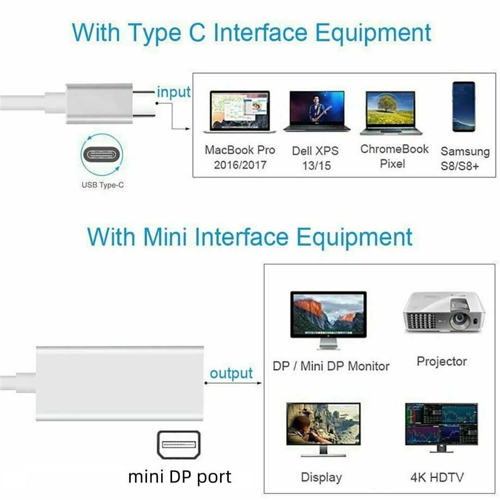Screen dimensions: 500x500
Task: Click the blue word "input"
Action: (x=174, y=92)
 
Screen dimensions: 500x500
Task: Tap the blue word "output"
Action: (x=231, y=373)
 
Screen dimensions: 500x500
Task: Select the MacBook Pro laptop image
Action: (x=239, y=112)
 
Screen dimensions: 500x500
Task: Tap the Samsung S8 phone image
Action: (x=464, y=106)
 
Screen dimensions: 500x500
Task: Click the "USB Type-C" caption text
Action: (x=102, y=185)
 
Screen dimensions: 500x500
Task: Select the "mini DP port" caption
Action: (x=180, y=477)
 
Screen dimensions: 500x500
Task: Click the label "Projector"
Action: (x=442, y=361)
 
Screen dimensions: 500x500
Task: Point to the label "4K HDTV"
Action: (x=437, y=478)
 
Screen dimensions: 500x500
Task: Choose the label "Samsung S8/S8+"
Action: (x=460, y=158)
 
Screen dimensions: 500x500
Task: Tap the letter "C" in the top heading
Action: (x=194, y=32)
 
